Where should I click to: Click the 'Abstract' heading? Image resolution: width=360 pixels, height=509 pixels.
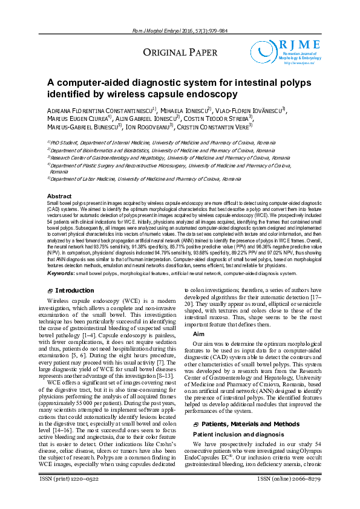[x=59, y=196]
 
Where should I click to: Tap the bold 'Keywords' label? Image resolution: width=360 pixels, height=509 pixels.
[x=61, y=273]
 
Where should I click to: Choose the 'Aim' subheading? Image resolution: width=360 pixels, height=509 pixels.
[x=198, y=334]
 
